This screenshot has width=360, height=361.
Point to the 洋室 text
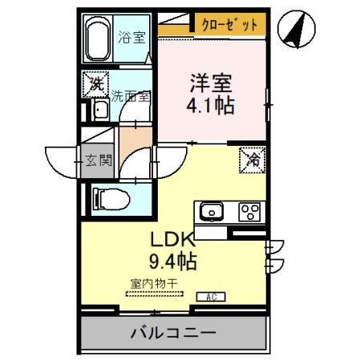point(212,82)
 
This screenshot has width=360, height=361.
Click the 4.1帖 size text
point(212,104)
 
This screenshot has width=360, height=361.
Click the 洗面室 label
point(130,94)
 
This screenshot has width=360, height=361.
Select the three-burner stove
point(250,213)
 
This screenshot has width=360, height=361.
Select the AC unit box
point(210,296)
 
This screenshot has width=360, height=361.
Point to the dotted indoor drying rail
point(153,294)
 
